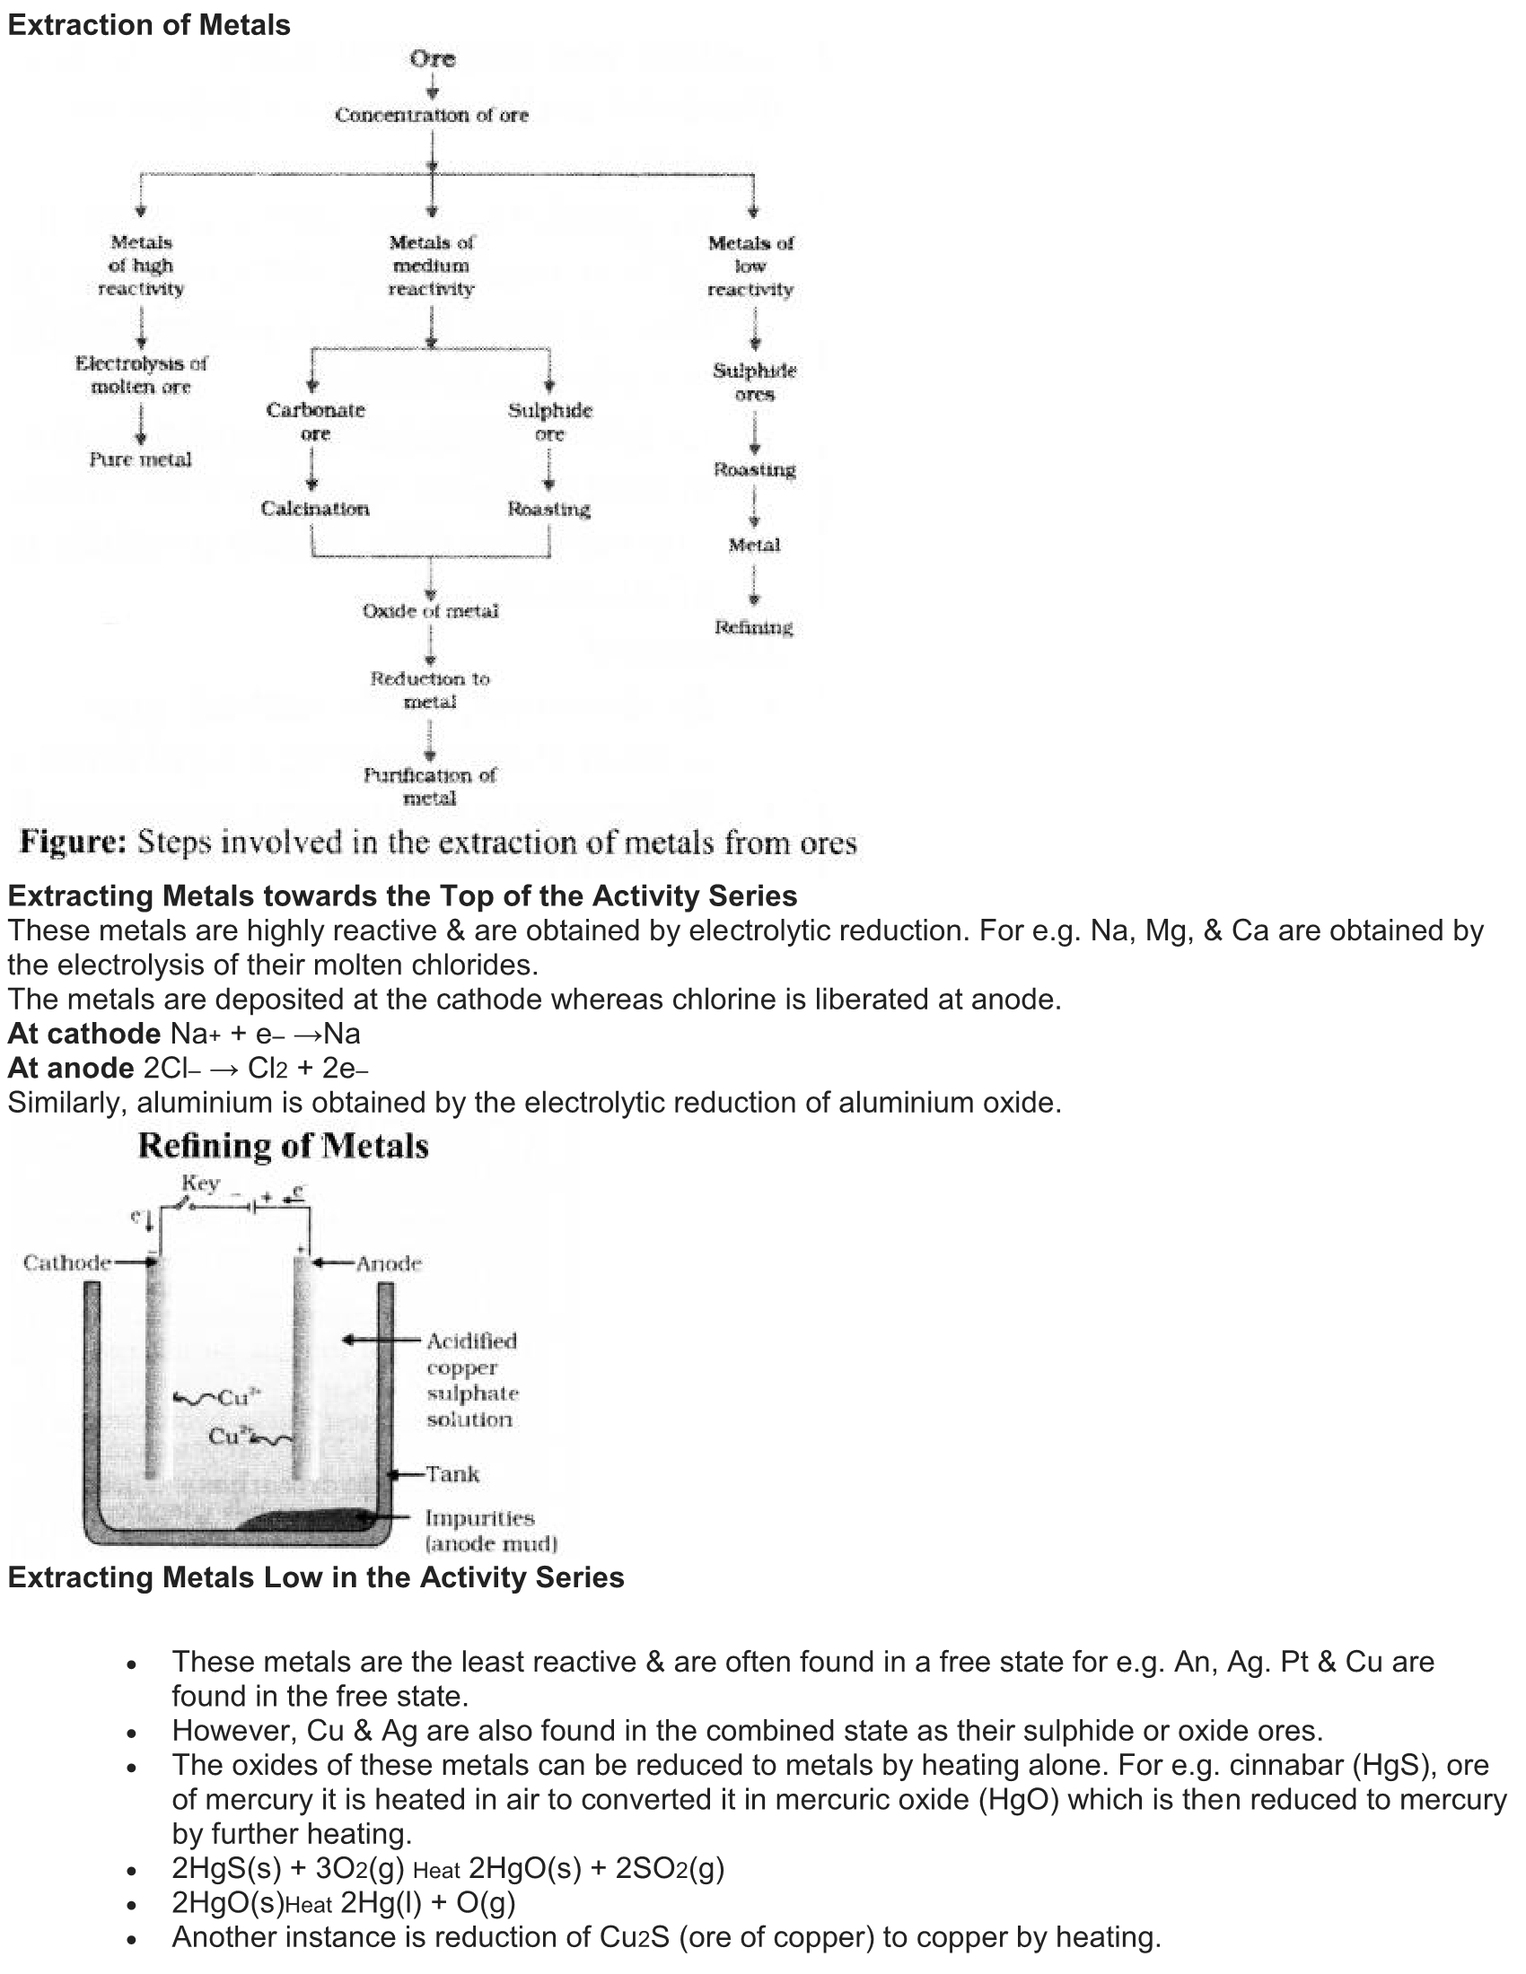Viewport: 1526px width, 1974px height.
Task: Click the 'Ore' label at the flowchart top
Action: pyautogui.click(x=432, y=58)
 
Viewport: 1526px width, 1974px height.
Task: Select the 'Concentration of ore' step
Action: pyautogui.click(x=431, y=115)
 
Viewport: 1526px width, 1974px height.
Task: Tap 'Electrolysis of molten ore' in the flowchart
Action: pyautogui.click(x=141, y=375)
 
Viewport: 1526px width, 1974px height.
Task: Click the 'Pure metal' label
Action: pyautogui.click(x=140, y=459)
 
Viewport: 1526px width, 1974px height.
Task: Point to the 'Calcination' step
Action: pyautogui.click(x=314, y=509)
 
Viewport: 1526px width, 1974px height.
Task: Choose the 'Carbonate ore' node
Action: pyautogui.click(x=315, y=421)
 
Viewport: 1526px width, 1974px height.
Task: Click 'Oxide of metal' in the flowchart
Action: pyautogui.click(x=430, y=611)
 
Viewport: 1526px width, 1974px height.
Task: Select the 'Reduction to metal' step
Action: pyautogui.click(x=429, y=690)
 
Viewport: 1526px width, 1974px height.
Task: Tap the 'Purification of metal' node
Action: pyautogui.click(x=429, y=786)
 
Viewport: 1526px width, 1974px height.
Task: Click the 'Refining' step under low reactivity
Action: pyautogui.click(x=753, y=627)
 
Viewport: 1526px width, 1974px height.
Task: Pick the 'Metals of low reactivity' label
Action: pyautogui.click(x=750, y=266)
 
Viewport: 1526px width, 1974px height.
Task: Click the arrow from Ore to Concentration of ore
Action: pyautogui.click(x=432, y=87)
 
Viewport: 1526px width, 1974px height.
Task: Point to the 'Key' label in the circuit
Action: pyautogui.click(x=200, y=1184)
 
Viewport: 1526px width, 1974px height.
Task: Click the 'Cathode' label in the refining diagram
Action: pyautogui.click(x=67, y=1262)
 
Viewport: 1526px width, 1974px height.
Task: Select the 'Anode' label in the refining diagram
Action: pyautogui.click(x=389, y=1263)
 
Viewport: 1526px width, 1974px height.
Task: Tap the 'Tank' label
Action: pyautogui.click(x=452, y=1474)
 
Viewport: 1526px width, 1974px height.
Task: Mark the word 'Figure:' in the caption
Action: pyautogui.click(x=74, y=843)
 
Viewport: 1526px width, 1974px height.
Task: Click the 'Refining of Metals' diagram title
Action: pyautogui.click(x=283, y=1146)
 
